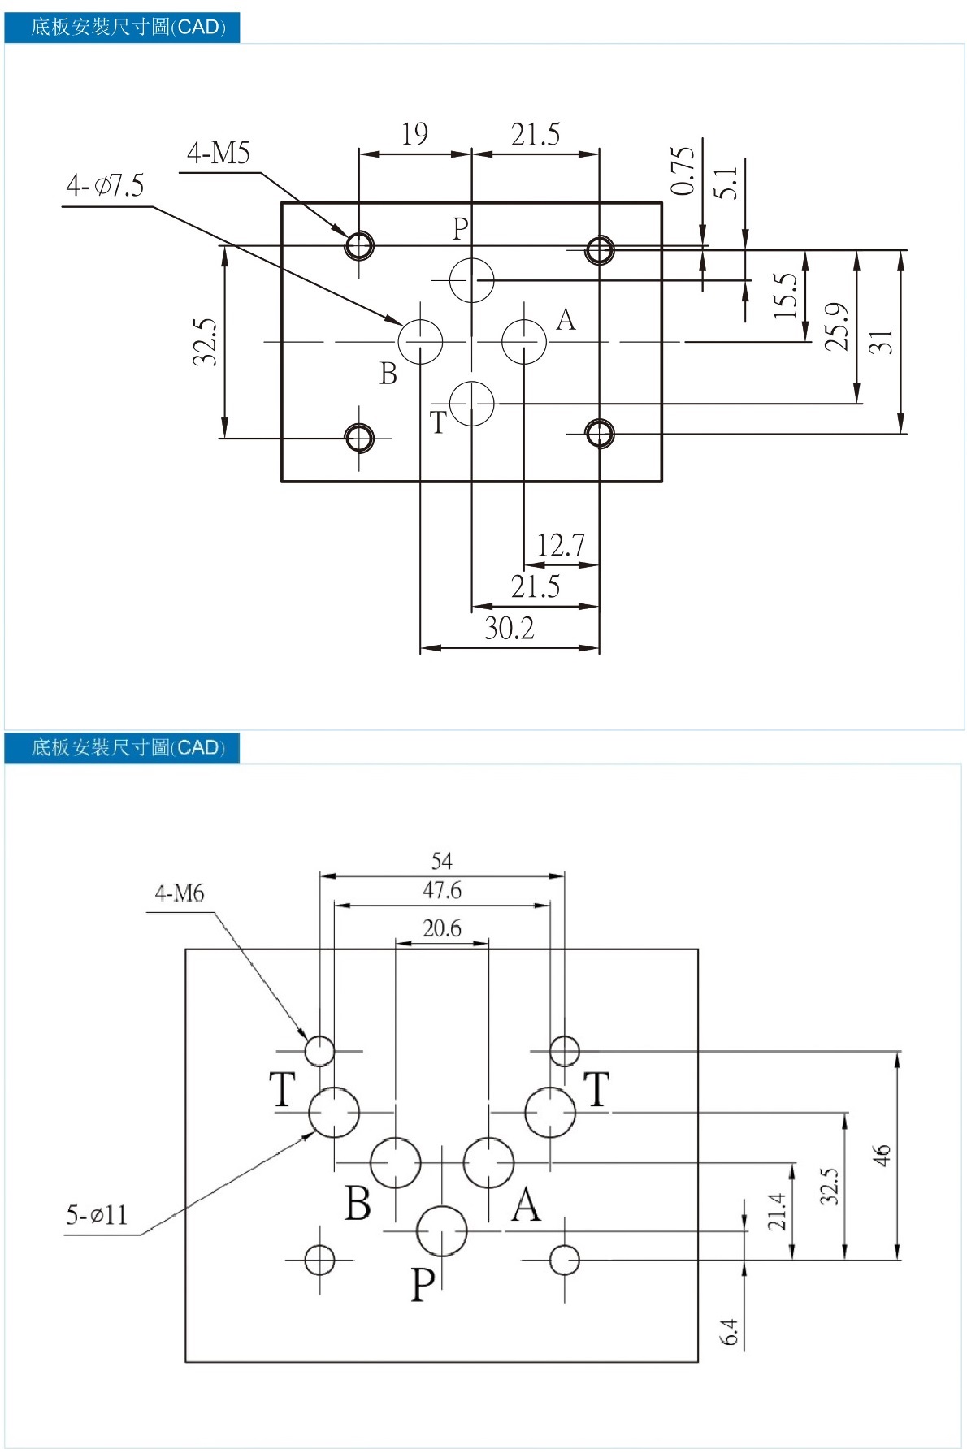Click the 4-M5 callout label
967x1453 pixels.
point(219,153)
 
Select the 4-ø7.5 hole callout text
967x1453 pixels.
point(105,186)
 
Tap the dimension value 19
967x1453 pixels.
point(414,134)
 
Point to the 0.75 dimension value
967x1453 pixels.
point(683,171)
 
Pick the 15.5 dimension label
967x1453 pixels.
point(785,295)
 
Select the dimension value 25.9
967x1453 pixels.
point(836,326)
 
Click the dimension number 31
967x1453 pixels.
point(881,341)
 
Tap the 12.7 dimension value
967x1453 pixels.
point(561,545)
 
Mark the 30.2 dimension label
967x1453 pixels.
point(510,628)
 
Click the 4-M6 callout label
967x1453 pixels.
point(180,893)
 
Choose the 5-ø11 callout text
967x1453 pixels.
point(97,1215)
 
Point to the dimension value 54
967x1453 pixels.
point(442,861)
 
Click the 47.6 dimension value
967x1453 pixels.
point(442,891)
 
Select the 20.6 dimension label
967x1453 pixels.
point(442,928)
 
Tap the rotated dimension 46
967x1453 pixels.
point(882,1155)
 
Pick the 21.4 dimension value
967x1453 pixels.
point(778,1211)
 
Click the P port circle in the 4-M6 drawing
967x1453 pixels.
point(441,1231)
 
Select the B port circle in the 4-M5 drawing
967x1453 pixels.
point(421,342)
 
